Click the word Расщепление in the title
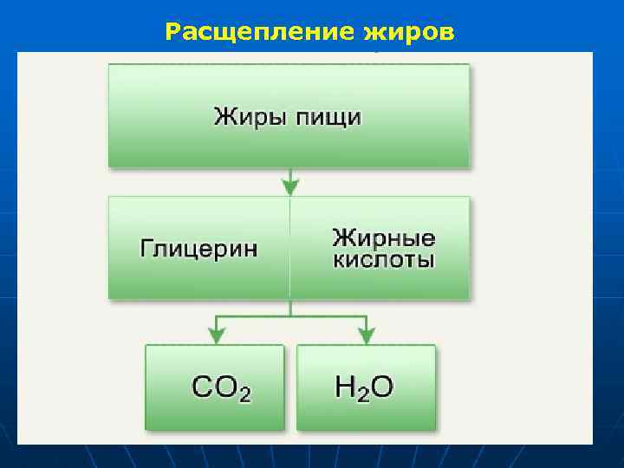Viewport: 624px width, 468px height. click(x=252, y=32)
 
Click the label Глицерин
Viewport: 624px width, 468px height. click(x=198, y=249)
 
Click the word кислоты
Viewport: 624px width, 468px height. click(x=384, y=260)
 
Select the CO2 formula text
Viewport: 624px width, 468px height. click(x=222, y=388)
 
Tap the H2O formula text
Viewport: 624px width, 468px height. click(x=364, y=388)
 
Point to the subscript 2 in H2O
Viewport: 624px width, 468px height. click(x=363, y=394)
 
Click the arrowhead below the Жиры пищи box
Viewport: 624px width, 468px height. click(x=289, y=186)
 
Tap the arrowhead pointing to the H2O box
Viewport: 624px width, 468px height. click(x=367, y=336)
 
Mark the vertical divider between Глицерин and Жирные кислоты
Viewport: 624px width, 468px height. click(x=289, y=249)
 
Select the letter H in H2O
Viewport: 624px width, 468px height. click(x=345, y=387)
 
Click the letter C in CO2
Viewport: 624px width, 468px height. click(x=202, y=387)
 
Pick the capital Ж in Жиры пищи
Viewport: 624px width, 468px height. click(x=224, y=117)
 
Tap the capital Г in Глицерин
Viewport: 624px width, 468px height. click(x=147, y=248)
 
